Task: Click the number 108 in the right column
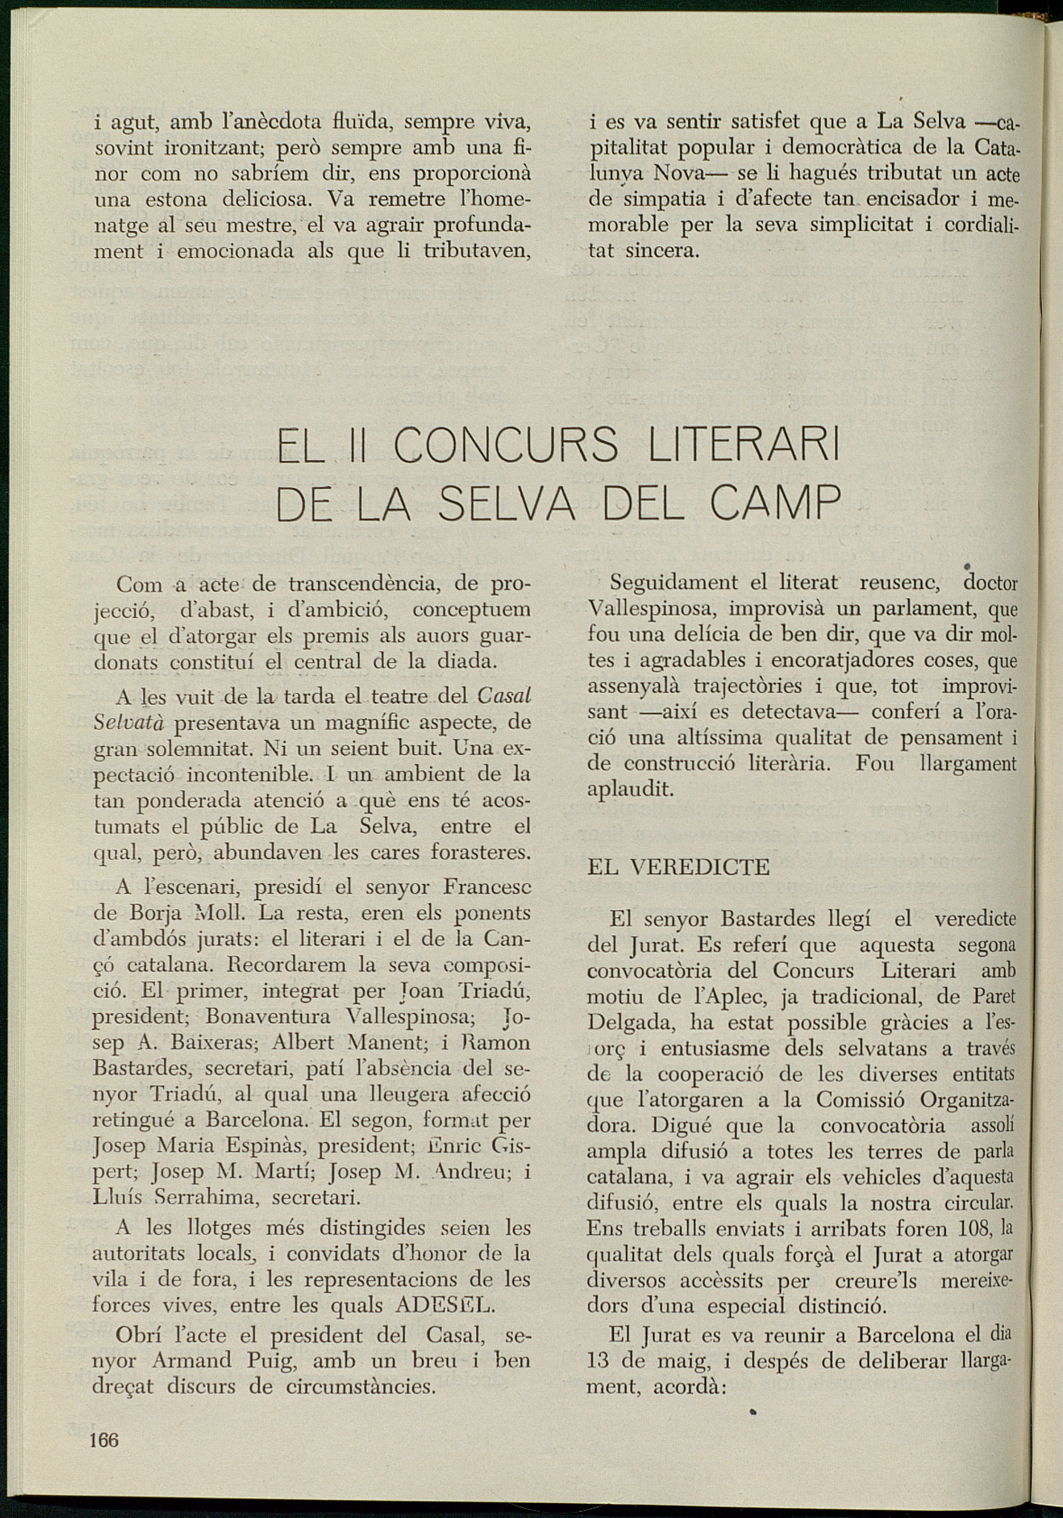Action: [x=973, y=1229]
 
